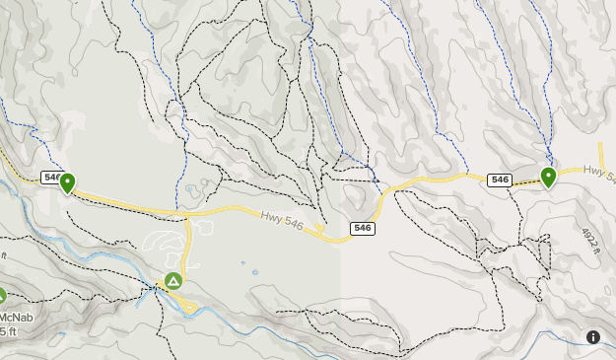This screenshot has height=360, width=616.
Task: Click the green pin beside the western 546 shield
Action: [x=67, y=182]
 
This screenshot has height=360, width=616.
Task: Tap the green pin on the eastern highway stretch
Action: [x=548, y=177]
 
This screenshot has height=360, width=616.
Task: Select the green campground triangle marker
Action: [x=173, y=281]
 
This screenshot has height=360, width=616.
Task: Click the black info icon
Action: [x=593, y=336]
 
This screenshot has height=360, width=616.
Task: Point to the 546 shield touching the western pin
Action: [x=52, y=178]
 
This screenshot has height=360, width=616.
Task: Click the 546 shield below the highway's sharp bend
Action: [x=363, y=228]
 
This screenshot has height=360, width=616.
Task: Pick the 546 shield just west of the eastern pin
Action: [x=500, y=180]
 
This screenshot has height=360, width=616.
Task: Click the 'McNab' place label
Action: [x=15, y=317]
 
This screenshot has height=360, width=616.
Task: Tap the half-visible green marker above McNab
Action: [x=2, y=295]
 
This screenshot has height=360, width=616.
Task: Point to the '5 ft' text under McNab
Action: [x=8, y=331]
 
